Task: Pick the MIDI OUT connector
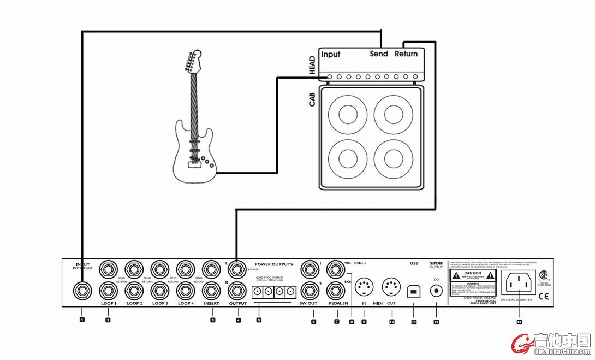(x=391, y=286)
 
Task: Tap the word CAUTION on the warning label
(x=473, y=273)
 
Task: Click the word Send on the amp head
(x=379, y=54)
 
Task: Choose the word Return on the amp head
(x=406, y=54)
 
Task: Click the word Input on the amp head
(x=331, y=54)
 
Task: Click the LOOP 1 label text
(x=108, y=303)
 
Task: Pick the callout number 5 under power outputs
(x=259, y=320)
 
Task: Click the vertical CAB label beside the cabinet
(x=313, y=99)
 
